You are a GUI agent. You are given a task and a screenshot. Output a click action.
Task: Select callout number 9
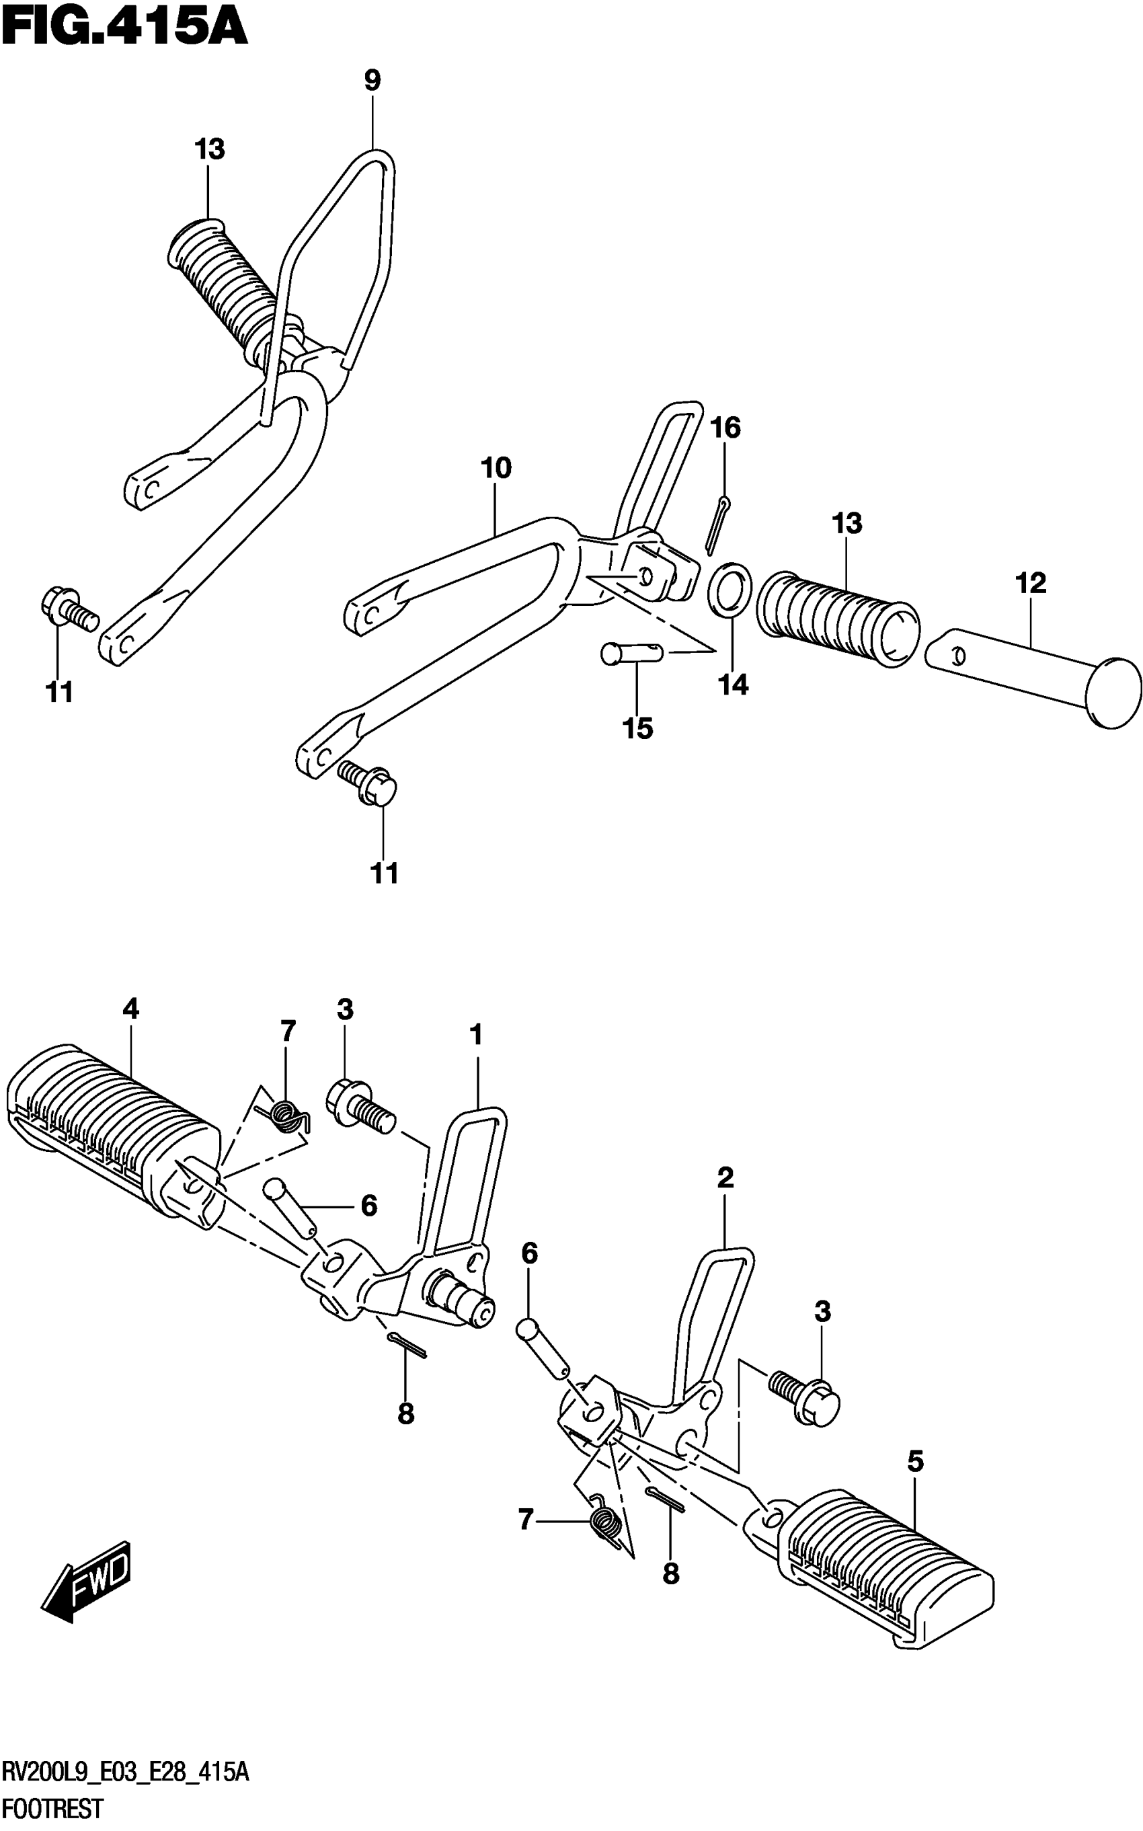[372, 80]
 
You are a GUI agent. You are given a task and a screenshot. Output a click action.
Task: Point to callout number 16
[725, 428]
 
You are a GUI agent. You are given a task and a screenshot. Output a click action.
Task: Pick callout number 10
[496, 469]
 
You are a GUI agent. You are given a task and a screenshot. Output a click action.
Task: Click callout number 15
[637, 729]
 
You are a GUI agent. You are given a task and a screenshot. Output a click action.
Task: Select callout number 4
[131, 1009]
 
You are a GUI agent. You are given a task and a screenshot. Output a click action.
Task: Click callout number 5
[914, 1462]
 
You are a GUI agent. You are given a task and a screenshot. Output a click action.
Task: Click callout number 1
[475, 1034]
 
